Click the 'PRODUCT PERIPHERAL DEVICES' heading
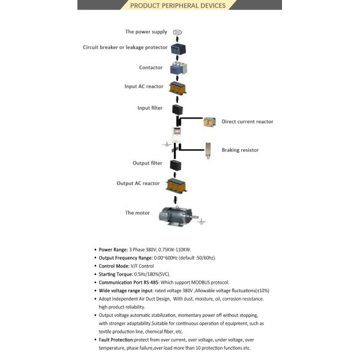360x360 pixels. [178, 6]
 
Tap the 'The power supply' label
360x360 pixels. [146, 32]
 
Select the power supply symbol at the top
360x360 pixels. [177, 32]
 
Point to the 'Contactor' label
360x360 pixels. [151, 67]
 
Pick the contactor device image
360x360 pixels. [176, 68]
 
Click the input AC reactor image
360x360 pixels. [176, 88]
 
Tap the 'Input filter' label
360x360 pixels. [151, 109]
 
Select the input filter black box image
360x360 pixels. [177, 110]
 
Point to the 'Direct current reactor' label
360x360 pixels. [247, 122]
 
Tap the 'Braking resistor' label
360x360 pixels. [240, 150]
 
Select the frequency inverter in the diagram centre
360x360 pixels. [177, 138]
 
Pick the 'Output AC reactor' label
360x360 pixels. [138, 183]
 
